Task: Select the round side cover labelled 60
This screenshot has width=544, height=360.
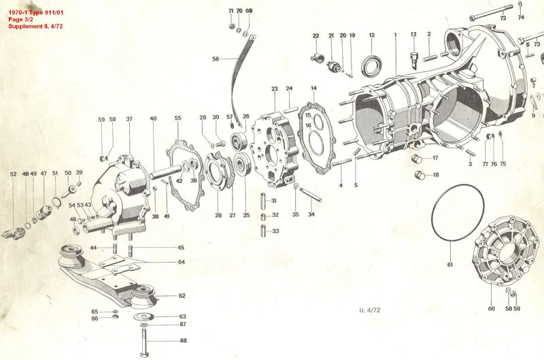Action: click(x=501, y=250)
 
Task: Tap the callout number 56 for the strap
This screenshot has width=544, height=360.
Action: click(x=216, y=59)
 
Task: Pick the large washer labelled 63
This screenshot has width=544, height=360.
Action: click(x=144, y=316)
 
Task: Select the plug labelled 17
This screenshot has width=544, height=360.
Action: click(x=417, y=159)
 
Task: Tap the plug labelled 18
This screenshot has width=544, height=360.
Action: click(x=420, y=176)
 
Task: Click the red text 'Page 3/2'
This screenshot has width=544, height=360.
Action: click(x=20, y=20)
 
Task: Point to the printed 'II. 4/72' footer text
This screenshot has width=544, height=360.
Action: click(x=369, y=310)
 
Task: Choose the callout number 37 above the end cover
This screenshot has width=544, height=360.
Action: click(x=129, y=118)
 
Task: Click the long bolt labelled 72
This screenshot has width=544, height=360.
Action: click(x=491, y=12)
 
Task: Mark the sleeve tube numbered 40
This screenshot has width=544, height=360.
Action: click(x=166, y=171)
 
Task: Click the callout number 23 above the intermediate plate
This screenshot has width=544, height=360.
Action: click(x=275, y=89)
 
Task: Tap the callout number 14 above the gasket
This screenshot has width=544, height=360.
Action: click(x=313, y=88)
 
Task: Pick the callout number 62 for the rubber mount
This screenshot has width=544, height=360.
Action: click(x=182, y=296)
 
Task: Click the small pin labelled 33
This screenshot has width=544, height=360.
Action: click(x=263, y=231)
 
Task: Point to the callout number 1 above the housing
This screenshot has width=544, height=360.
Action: click(x=395, y=35)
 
